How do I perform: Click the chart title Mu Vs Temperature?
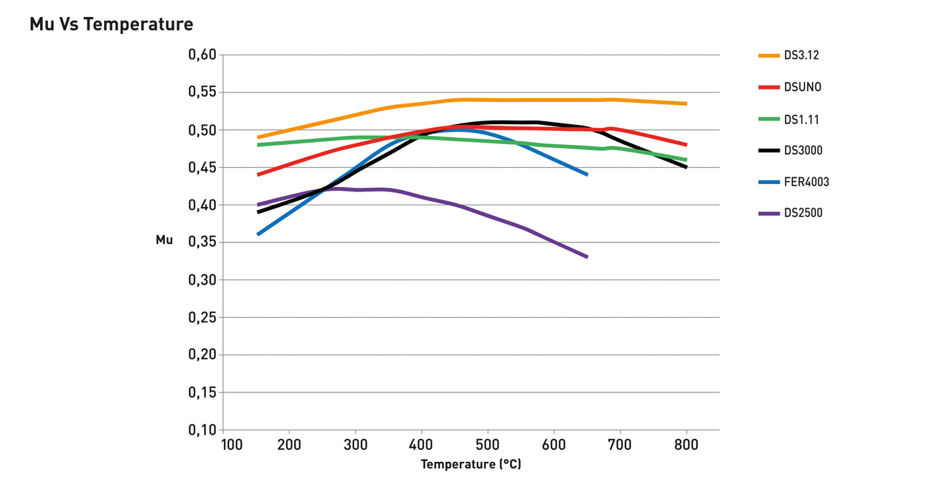(111, 24)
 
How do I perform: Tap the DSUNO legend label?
(803, 87)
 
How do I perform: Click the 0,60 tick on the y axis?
(202, 55)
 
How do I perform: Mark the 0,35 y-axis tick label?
(202, 242)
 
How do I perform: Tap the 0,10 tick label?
(202, 430)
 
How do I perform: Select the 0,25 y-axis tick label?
(202, 318)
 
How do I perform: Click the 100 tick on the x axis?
(231, 445)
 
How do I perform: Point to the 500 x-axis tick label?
(487, 445)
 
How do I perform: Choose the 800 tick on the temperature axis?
(686, 445)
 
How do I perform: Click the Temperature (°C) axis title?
(471, 465)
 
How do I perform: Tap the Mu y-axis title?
(164, 240)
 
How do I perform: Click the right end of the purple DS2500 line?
(587, 256)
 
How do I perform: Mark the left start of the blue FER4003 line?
(258, 234)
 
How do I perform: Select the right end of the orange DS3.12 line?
(686, 103)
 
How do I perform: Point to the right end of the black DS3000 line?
(686, 167)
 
